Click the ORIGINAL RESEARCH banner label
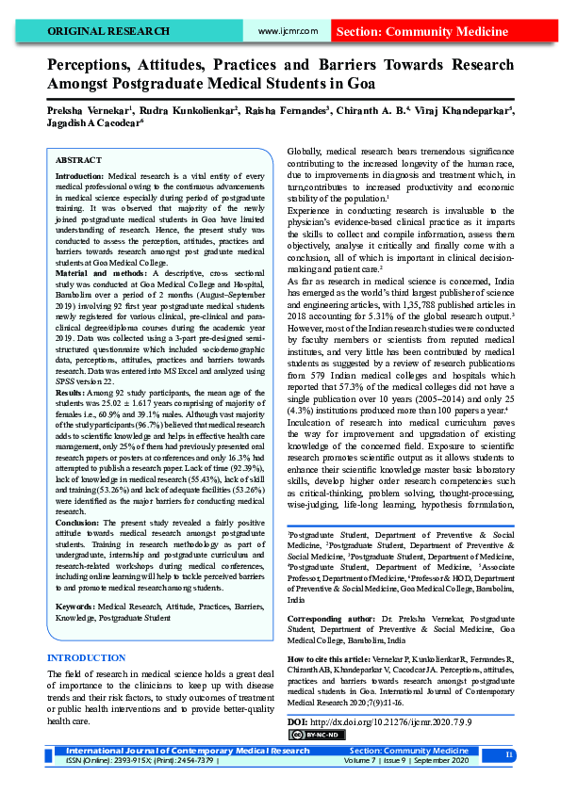coord(108,31)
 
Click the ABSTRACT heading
coord(79,161)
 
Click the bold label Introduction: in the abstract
coord(81,177)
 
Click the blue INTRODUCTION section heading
coord(86,657)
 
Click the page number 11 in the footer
coord(509,755)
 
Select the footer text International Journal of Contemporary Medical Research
coord(187,751)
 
